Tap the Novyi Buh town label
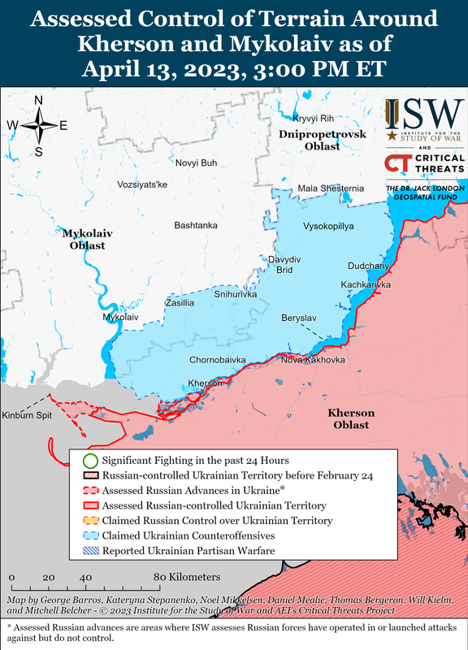[196, 163]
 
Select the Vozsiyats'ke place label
[130, 185]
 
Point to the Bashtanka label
[196, 225]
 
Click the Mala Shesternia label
[331, 189]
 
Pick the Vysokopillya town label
[328, 226]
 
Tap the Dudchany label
[369, 266]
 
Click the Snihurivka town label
[235, 295]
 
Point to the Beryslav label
[299, 317]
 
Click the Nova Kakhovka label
[314, 360]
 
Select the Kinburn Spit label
[27, 415]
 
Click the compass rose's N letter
[39, 100]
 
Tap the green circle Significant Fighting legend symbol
[89, 461]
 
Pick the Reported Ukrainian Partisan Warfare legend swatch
[89, 552]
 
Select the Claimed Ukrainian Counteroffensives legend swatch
[89, 536]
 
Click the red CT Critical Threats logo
[397, 164]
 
